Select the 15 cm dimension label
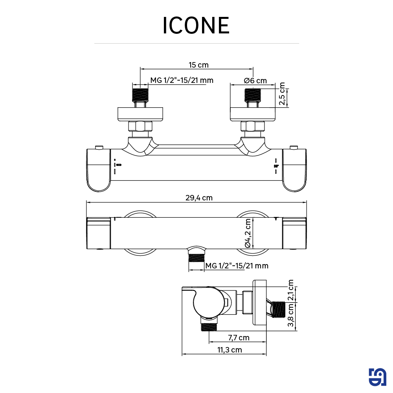click(198, 65)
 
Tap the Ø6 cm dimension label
click(255, 81)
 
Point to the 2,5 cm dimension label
click(282, 94)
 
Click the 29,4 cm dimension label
click(199, 198)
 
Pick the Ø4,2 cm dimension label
click(248, 233)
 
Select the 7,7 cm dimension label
click(239, 338)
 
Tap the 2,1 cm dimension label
click(291, 290)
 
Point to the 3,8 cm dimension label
click(291, 315)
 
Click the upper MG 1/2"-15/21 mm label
click(182, 81)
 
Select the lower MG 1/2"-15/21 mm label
click(237, 266)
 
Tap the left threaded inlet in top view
click(140, 95)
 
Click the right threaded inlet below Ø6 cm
click(253, 95)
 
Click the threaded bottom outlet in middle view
click(196, 258)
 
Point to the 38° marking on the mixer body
click(276, 166)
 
